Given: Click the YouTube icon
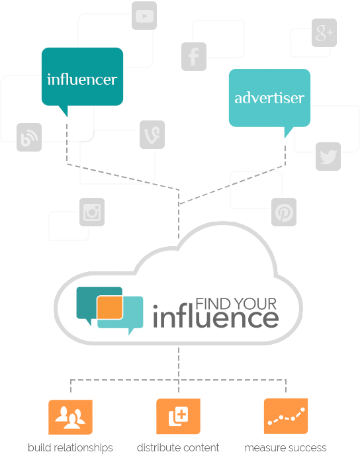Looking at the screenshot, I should point(144,16).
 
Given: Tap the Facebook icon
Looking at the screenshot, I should point(194,56).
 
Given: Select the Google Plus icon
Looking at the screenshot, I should point(324,32).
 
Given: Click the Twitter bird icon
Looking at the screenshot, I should point(328,156).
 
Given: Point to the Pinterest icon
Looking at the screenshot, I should point(284,212).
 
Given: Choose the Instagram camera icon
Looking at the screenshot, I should point(93,212).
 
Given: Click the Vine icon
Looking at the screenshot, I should point(152,134).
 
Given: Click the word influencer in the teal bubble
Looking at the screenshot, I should point(82,79).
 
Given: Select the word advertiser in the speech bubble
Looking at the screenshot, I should point(269,98).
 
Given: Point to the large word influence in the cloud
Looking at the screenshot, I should point(216,317).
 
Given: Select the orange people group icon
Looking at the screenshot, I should point(70,417).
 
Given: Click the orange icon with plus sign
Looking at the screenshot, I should point(178,417).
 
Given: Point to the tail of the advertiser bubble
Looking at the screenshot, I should point(287,133).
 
